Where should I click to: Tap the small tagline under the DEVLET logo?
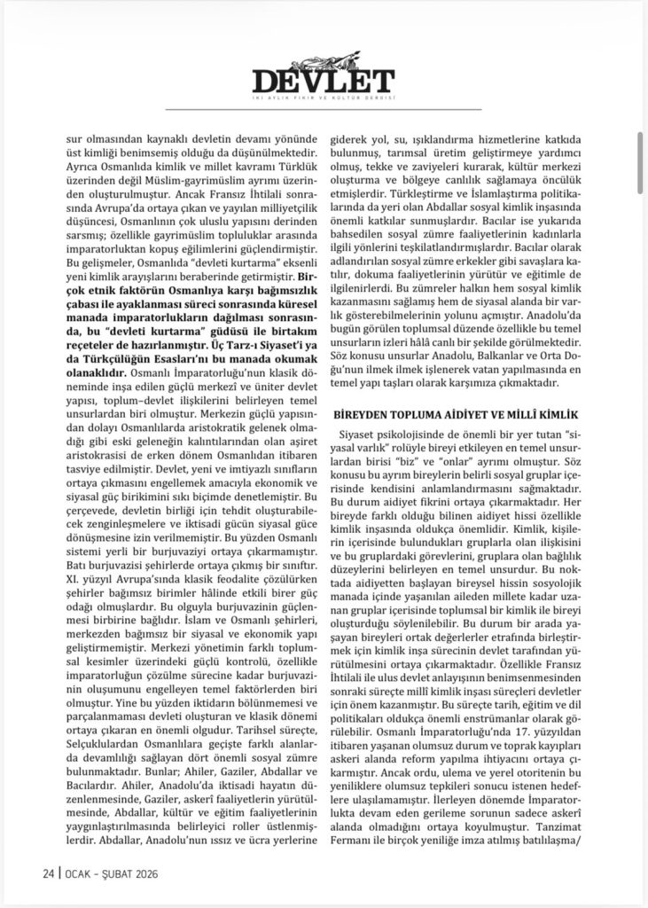click(x=323, y=98)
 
